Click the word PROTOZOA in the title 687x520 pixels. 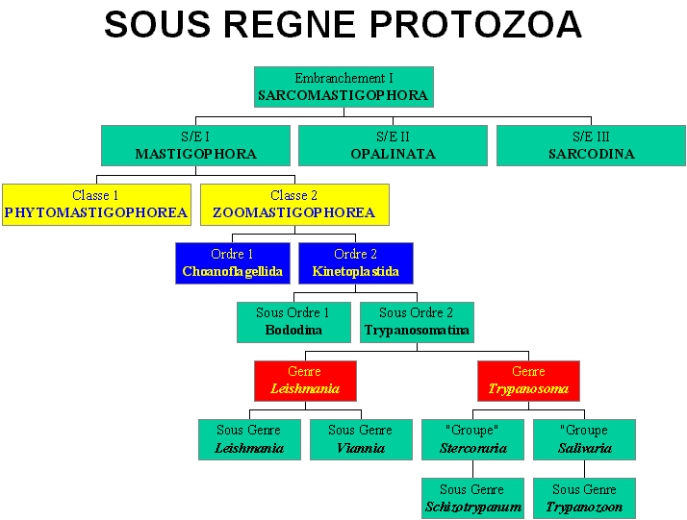[476, 25]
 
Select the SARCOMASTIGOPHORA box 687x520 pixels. [343, 87]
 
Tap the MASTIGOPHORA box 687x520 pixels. [196, 146]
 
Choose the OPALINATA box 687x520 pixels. [393, 146]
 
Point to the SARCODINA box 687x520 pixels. [591, 146]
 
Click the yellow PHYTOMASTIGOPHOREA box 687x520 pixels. [97, 205]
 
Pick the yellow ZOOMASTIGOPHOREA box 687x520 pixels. [294, 205]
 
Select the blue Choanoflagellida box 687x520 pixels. [233, 263]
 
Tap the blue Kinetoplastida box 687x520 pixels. [356, 263]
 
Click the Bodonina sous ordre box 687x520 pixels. [294, 322]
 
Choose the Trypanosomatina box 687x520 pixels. [418, 322]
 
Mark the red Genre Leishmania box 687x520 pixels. [305, 381]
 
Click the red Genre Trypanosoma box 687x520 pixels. [529, 381]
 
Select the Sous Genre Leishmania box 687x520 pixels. [250, 439]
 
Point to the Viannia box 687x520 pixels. [362, 439]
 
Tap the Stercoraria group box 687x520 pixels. [473, 439]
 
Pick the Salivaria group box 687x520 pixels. [584, 439]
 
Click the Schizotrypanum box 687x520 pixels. [473, 499]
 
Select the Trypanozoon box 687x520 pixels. [584, 499]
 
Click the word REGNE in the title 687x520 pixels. [290, 25]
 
